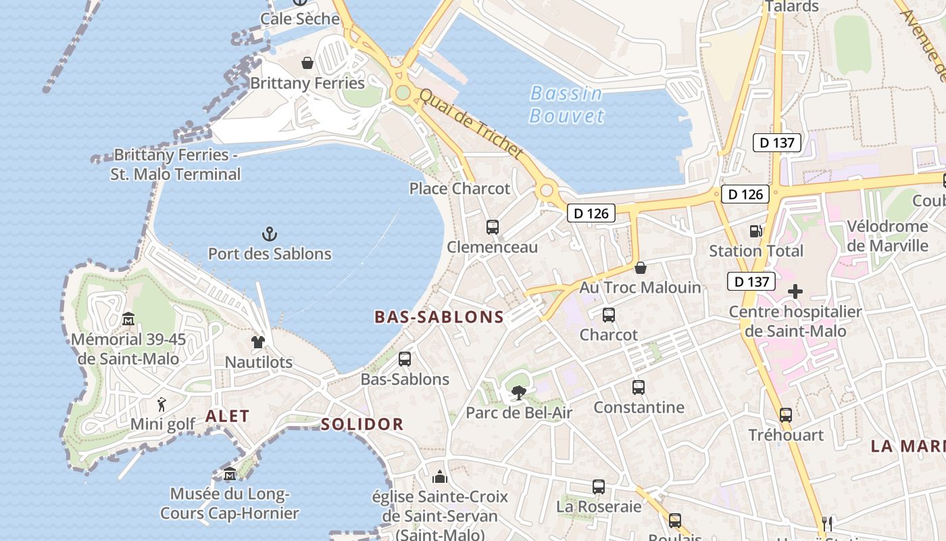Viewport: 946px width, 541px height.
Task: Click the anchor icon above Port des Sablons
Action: [270, 234]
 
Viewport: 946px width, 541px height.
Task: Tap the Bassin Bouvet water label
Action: [566, 104]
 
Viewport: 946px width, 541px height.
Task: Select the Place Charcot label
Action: [459, 189]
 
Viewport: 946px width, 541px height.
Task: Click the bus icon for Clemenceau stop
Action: [493, 227]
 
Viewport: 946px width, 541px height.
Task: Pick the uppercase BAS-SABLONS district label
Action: [439, 316]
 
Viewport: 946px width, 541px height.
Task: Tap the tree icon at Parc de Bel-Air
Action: [518, 392]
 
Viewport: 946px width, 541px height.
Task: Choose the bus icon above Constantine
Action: [639, 387]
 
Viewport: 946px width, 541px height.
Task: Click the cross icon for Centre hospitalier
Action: [795, 291]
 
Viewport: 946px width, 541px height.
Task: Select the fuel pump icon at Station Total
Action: [756, 231]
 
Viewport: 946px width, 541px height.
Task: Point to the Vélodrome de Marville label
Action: [887, 235]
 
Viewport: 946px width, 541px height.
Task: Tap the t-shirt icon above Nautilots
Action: [258, 342]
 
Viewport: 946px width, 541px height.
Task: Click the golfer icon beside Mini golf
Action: [161, 404]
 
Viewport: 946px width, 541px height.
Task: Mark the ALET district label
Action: [227, 416]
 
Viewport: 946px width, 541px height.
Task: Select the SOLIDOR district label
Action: [362, 425]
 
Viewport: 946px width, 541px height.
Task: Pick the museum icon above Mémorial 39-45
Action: [128, 319]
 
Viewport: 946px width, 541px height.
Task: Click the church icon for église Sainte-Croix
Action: [440, 477]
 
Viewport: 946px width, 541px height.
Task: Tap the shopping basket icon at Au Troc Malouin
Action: [640, 268]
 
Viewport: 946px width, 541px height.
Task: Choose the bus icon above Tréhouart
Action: [785, 415]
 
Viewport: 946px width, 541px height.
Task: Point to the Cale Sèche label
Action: [300, 18]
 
